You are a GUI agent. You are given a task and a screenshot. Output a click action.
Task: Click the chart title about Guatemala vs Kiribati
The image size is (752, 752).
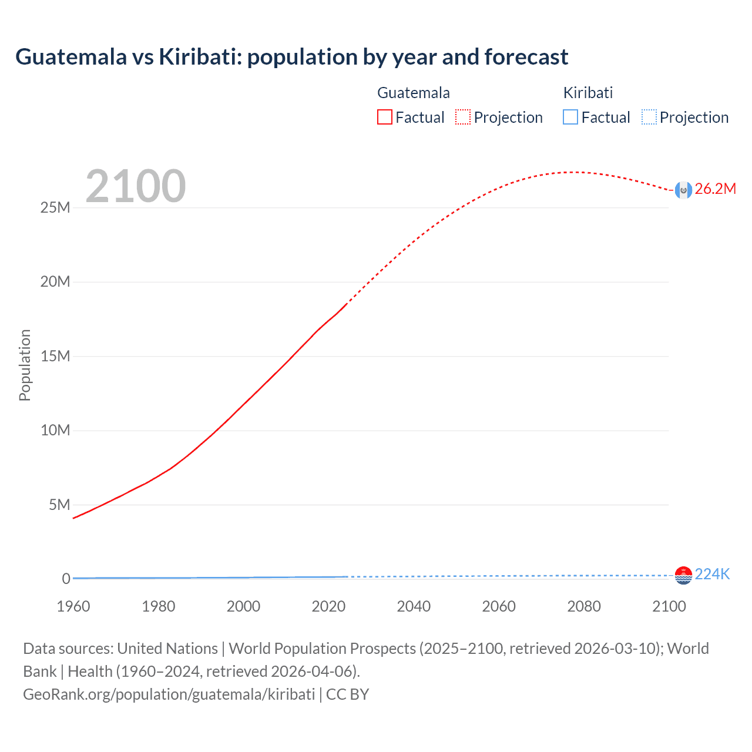coord(291,57)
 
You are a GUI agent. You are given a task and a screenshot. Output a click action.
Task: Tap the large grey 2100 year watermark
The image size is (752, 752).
coord(136,186)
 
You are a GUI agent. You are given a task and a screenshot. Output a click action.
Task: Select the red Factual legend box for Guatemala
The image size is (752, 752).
coord(384,117)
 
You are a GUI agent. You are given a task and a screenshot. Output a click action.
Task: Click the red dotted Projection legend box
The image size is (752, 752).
coord(463,117)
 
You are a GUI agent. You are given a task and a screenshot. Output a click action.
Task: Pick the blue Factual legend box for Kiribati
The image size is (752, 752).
coord(570,117)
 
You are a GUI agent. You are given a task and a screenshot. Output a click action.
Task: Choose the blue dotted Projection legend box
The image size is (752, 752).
coord(649,117)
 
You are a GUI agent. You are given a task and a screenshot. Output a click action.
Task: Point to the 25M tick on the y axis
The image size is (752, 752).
coord(55,208)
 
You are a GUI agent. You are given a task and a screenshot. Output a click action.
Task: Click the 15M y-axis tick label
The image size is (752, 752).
coord(55,357)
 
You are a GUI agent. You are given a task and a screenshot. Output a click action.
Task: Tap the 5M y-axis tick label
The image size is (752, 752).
coord(59,505)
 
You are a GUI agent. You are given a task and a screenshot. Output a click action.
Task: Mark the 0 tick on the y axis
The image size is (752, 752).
coord(66,579)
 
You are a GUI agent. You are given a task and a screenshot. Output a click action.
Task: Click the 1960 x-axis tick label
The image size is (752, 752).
coord(73,606)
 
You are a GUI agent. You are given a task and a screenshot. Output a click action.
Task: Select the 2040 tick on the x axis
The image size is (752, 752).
coord(414,606)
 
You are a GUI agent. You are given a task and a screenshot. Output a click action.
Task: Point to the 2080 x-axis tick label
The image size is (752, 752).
coord(584,606)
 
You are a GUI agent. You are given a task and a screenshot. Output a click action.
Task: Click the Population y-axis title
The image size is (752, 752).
coord(25,365)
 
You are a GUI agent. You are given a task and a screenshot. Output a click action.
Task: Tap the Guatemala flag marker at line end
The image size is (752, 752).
coord(683,190)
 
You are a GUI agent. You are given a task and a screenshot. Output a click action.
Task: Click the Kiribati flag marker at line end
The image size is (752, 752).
coord(683,576)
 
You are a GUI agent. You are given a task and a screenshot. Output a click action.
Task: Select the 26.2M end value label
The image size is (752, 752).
coord(715,189)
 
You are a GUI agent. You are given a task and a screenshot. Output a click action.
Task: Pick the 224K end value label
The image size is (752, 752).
coord(712,575)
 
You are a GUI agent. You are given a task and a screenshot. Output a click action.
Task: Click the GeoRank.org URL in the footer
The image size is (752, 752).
coord(169,694)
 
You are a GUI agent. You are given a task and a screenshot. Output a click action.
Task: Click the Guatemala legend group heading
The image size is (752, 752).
coord(414,93)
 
